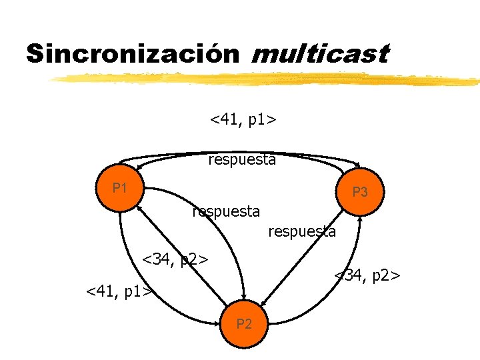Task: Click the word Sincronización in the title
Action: pyautogui.click(x=132, y=53)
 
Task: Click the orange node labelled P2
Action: pyautogui.click(x=244, y=325)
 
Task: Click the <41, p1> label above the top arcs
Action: pyautogui.click(x=244, y=119)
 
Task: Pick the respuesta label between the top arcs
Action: pyautogui.click(x=242, y=159)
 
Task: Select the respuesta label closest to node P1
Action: pyautogui.click(x=225, y=211)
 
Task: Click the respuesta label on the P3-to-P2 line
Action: pyautogui.click(x=301, y=231)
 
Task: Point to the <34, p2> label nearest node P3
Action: pyautogui.click(x=367, y=274)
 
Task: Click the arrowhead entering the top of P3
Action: pyautogui.click(x=359, y=167)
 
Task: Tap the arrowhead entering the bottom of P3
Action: pyautogui.click(x=360, y=220)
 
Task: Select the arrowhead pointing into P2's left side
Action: pyautogui.click(x=217, y=324)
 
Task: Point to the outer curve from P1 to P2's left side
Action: pyautogui.click(x=133, y=280)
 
